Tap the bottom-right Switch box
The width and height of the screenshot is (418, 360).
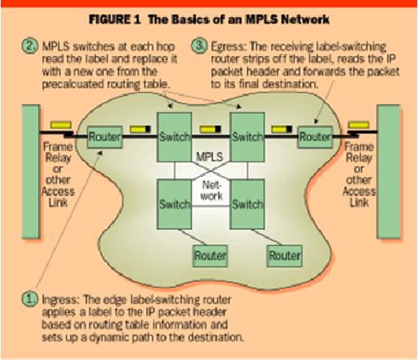tap(247, 204)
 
